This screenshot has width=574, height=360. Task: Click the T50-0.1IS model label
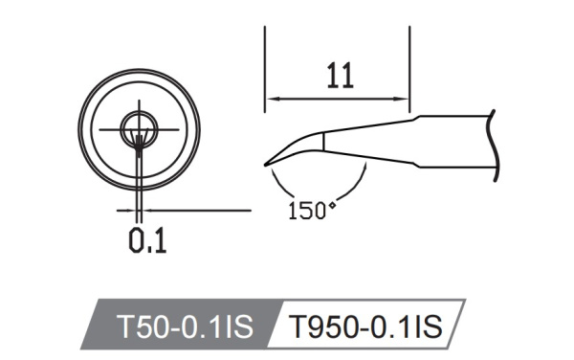[184, 327]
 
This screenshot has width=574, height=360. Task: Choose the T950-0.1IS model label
[364, 327]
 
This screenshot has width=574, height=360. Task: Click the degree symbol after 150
[333, 204]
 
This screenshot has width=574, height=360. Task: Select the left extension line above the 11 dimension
[265, 57]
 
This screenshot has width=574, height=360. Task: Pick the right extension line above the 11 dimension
[410, 57]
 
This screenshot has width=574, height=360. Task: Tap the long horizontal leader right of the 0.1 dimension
[201, 208]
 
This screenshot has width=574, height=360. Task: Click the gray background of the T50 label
[115, 328]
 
